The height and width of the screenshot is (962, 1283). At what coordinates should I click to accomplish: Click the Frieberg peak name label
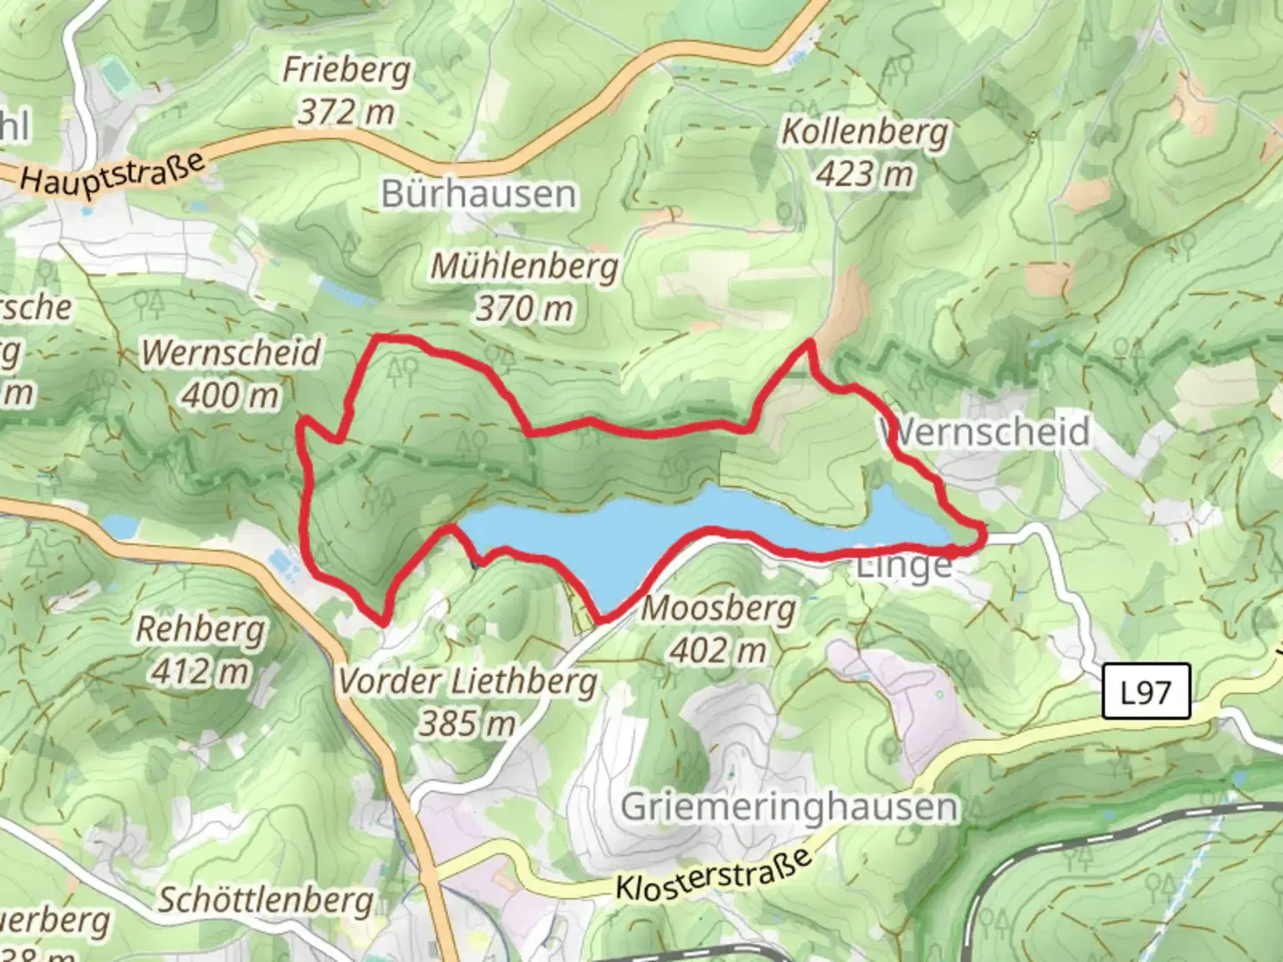click(x=347, y=69)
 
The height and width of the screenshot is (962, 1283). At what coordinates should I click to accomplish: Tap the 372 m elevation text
click(x=346, y=112)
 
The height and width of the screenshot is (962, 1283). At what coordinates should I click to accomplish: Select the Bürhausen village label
click(x=478, y=194)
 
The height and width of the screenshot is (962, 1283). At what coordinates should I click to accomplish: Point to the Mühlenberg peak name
click(x=525, y=266)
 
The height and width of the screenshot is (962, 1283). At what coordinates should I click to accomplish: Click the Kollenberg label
click(x=864, y=132)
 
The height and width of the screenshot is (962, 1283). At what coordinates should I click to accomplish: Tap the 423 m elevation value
click(x=864, y=174)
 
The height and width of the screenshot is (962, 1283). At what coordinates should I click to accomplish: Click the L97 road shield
click(x=1146, y=691)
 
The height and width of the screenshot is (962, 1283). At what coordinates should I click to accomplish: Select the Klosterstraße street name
click(x=714, y=875)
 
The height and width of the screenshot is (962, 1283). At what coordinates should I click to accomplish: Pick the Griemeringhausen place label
click(x=789, y=807)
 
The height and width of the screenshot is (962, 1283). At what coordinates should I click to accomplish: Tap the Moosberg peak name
click(x=718, y=609)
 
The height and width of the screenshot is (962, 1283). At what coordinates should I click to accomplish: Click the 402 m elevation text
click(x=718, y=651)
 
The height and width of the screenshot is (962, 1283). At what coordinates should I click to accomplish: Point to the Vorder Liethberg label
click(x=468, y=681)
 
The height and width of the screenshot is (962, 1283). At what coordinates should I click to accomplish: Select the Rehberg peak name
click(x=200, y=629)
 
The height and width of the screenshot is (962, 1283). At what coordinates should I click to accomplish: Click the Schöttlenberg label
click(x=266, y=900)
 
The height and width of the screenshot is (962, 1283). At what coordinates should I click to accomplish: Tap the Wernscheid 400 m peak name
click(x=231, y=353)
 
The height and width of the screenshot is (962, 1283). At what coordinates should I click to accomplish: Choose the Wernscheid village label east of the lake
click(x=989, y=432)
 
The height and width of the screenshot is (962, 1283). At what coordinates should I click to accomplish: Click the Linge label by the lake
click(x=903, y=567)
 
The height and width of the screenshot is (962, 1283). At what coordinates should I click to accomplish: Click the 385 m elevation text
click(x=468, y=723)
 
